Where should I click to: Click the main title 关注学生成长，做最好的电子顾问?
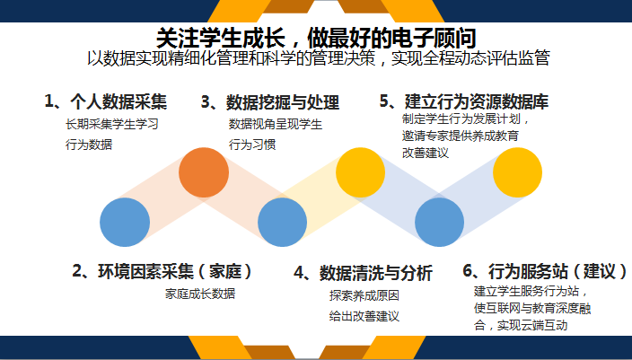(316, 38)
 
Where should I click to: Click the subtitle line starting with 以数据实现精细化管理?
(319, 58)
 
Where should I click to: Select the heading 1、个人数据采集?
(106, 101)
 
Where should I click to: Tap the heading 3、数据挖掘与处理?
(270, 102)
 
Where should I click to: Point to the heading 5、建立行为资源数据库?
(464, 101)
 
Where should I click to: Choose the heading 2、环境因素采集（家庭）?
(162, 271)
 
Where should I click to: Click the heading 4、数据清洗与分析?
(363, 273)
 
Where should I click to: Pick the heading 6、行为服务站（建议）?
(545, 271)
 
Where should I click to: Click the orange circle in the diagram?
(204, 172)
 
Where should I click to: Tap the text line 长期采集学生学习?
(112, 124)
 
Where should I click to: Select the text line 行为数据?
(89, 145)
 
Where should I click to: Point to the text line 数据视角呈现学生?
(276, 124)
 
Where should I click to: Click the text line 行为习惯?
(252, 145)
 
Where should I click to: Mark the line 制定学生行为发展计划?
(466, 119)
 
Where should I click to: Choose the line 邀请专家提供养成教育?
(461, 136)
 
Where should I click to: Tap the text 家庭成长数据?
(200, 294)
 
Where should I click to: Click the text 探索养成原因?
(364, 295)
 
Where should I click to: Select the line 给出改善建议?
(364, 316)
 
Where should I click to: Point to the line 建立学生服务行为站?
(531, 291)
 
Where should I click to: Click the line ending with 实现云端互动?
(521, 325)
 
